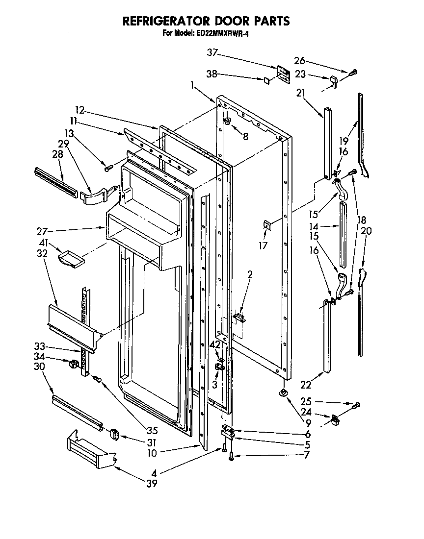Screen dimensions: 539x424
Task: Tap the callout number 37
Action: pos(212,52)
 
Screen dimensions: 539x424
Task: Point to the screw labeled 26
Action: pos(353,72)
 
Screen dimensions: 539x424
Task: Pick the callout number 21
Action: pos(301,94)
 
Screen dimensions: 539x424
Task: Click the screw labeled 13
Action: pos(108,169)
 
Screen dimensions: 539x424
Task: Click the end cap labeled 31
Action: pos(114,433)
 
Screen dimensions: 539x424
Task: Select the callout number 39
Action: pos(152,485)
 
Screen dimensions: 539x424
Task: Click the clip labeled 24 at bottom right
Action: pos(335,419)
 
